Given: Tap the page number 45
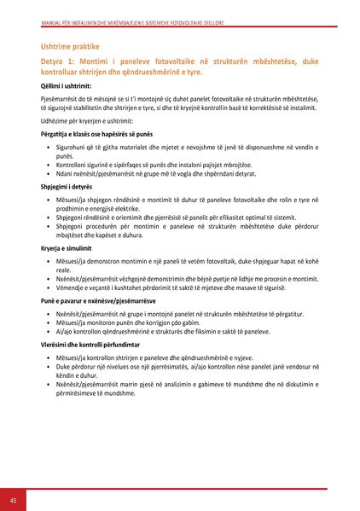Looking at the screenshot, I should click(14, 499).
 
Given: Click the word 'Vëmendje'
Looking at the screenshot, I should click(71, 291).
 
